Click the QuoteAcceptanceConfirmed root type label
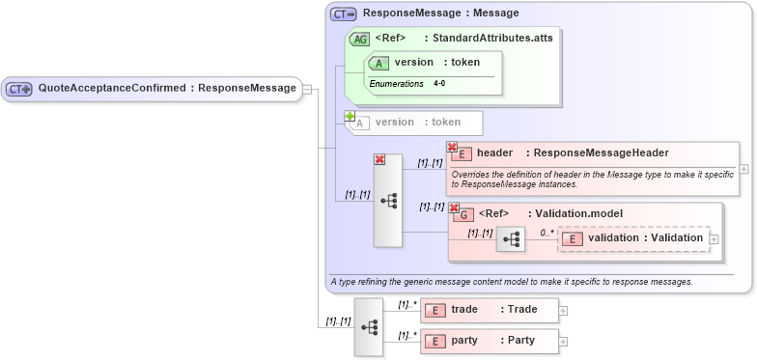coord(166,88)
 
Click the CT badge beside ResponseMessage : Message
coord(343,14)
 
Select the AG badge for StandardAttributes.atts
coord(359,39)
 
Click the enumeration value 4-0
coord(439,84)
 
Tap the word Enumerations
coord(396,84)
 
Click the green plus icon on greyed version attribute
coord(350,116)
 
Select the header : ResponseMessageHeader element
coord(572,152)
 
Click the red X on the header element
coord(452,147)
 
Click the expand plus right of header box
coord(743,169)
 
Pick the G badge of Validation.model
coord(464,214)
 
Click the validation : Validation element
coord(644,237)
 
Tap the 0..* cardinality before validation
coord(547,233)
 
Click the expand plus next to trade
coord(564,311)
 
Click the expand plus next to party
coord(564,342)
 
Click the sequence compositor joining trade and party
coord(369,326)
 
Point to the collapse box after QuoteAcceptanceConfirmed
coord(307,89)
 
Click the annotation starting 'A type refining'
coord(511,282)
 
